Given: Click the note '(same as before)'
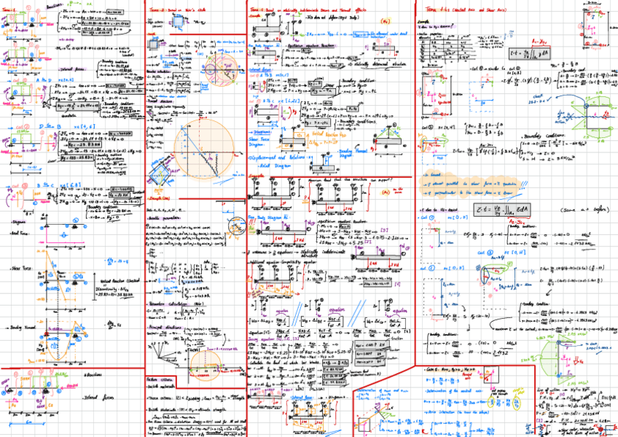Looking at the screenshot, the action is tap(575, 209).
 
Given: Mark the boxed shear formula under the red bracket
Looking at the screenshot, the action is tap(502, 54).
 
